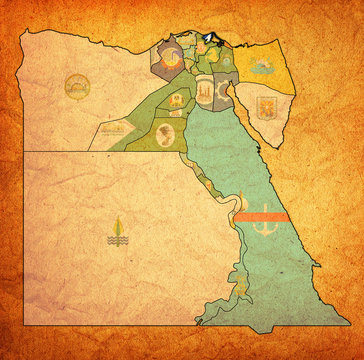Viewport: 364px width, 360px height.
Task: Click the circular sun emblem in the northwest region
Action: click(x=76, y=87)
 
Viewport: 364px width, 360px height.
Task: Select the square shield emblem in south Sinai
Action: click(x=267, y=107)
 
